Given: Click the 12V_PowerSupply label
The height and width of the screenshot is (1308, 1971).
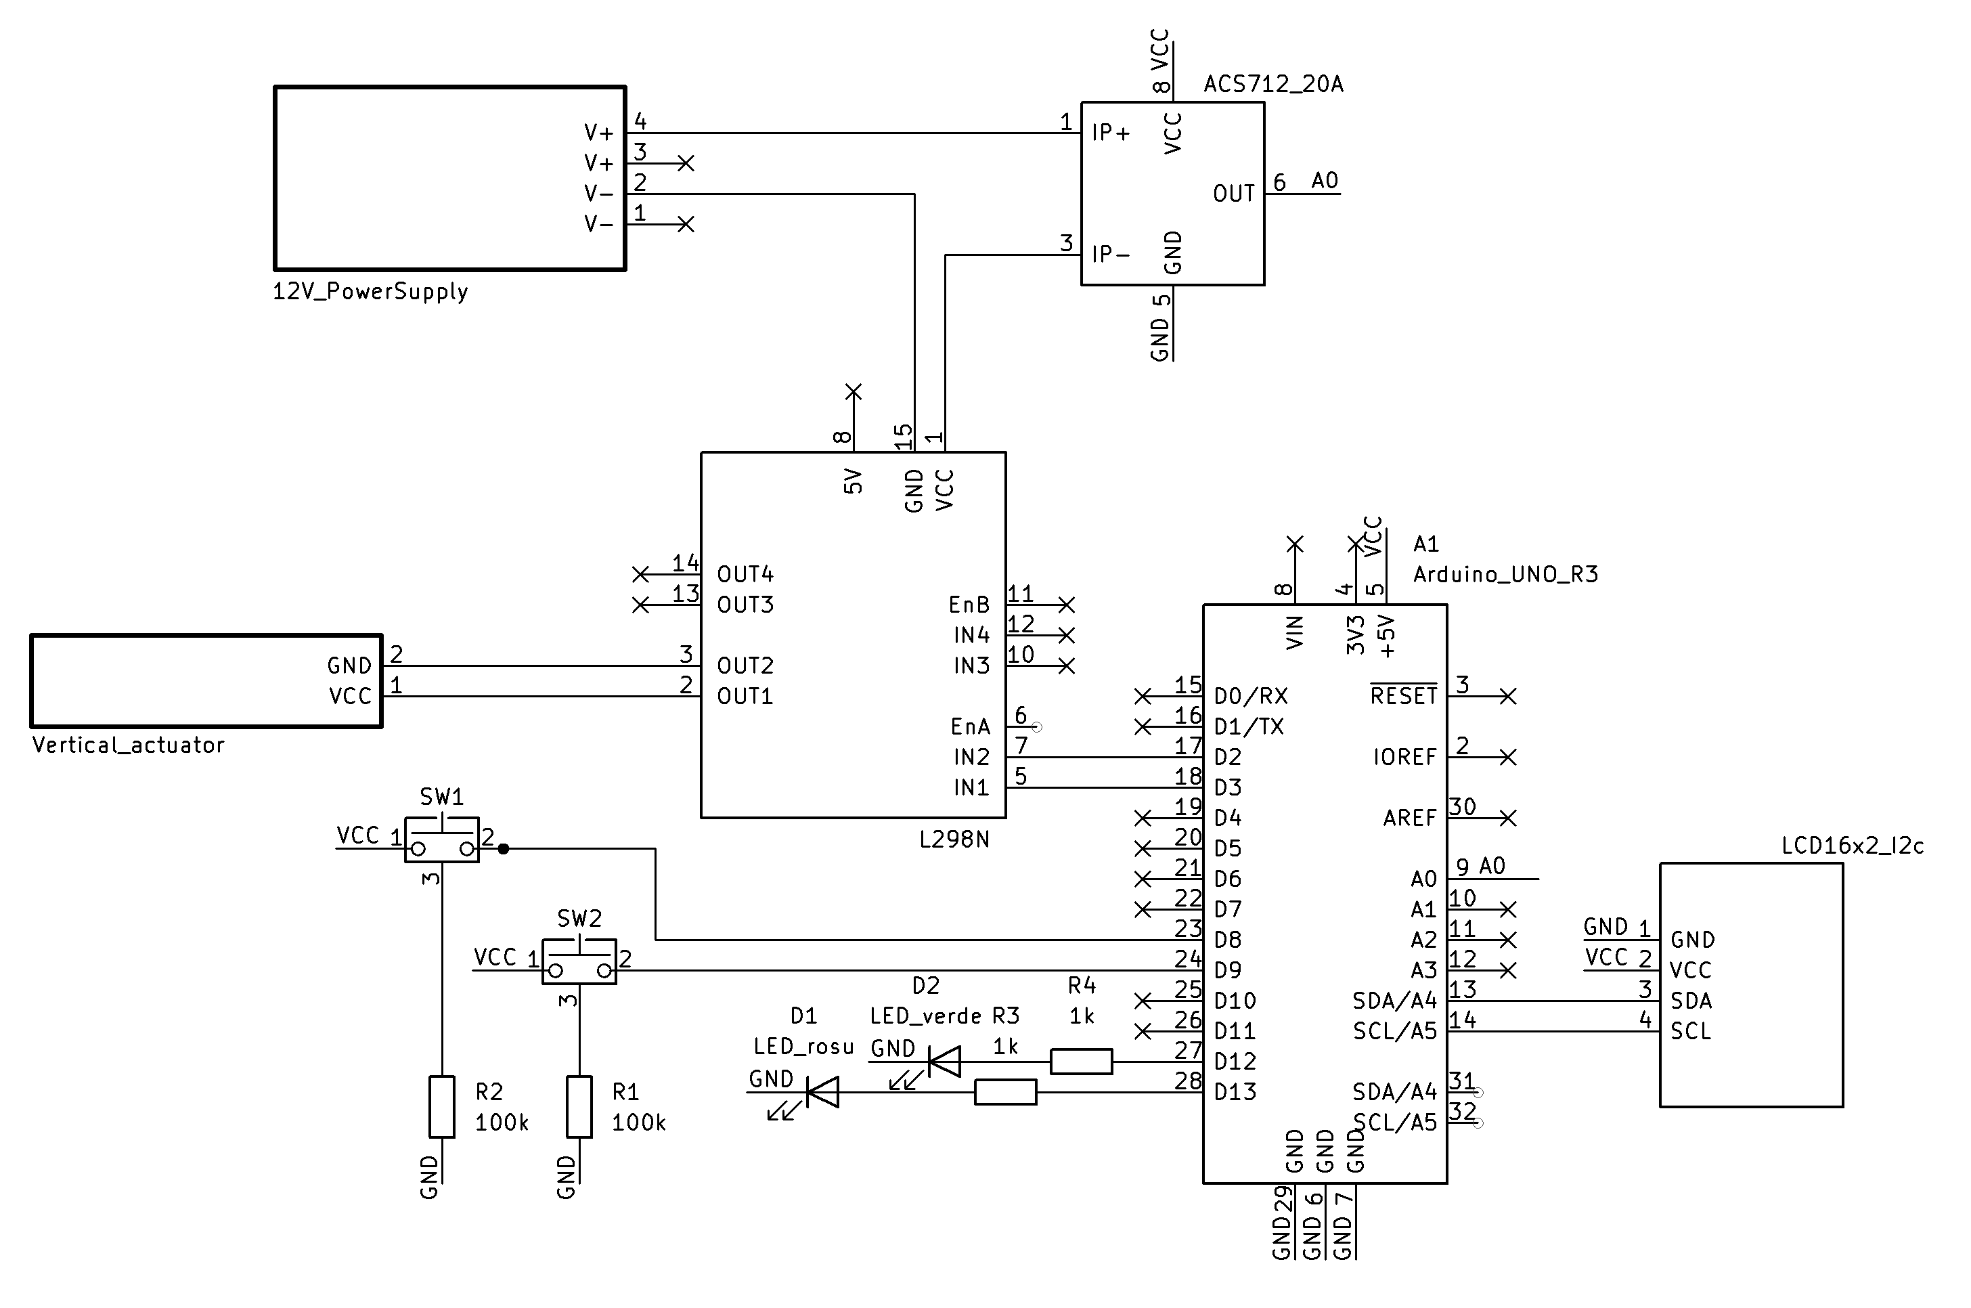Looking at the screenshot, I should (370, 291).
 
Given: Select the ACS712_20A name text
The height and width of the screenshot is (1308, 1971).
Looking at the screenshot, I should (1273, 84).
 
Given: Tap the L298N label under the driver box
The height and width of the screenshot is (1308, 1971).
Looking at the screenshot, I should (954, 840).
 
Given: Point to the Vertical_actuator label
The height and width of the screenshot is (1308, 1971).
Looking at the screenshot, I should (129, 745).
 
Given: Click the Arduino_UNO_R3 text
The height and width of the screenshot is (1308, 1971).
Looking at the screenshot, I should (1505, 575).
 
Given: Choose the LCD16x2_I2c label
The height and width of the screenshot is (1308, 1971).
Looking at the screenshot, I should (1852, 846).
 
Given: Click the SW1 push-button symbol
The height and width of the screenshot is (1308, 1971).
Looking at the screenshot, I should (442, 840).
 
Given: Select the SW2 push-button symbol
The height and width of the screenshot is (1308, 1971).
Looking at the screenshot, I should (579, 962).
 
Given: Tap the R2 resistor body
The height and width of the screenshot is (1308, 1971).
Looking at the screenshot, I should (442, 1107).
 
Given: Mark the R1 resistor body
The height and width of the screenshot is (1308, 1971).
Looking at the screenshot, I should (579, 1107).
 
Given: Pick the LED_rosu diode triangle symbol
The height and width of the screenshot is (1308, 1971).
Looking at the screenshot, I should (824, 1092).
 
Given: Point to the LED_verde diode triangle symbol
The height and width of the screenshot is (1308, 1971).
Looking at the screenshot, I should (945, 1062).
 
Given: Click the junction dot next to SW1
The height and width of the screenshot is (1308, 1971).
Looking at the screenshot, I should (503, 849).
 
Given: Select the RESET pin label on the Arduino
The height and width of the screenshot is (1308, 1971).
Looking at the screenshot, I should (1403, 696).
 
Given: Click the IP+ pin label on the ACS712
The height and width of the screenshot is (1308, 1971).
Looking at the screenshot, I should (1111, 133).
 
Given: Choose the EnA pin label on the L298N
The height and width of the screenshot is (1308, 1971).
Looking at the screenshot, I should (970, 726).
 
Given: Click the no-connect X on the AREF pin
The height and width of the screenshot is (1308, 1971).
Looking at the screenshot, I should (1507, 819).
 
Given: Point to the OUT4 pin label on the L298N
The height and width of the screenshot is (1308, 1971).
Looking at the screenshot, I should (745, 574).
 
